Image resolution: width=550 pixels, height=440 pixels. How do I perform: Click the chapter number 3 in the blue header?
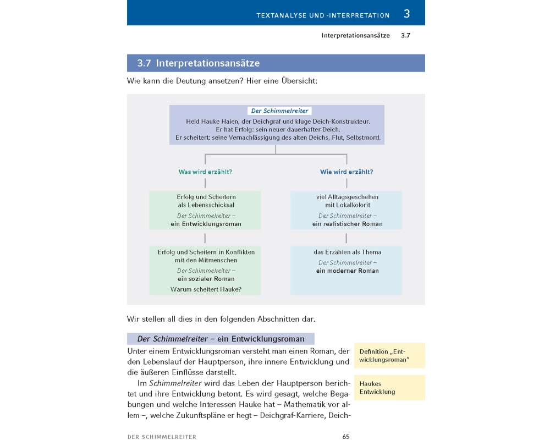coord(407,14)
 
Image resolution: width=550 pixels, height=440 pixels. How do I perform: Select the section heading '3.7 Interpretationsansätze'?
coord(199,63)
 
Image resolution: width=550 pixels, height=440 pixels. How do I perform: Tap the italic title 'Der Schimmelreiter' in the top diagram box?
coord(279,111)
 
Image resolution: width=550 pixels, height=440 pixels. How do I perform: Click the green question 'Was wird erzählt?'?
coord(205,172)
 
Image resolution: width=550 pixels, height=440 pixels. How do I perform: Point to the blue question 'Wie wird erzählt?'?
coord(346,172)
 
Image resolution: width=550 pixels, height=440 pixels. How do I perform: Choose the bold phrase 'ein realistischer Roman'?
coord(347,224)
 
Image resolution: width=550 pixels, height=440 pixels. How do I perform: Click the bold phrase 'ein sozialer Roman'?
coord(206,279)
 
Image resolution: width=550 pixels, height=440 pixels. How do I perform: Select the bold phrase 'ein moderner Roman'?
coord(347,271)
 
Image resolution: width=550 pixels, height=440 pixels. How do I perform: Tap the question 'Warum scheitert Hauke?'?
coord(206,289)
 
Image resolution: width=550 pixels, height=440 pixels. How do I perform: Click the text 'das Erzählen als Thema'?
coord(347,252)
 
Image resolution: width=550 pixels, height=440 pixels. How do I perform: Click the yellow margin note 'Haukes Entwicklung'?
coord(377,388)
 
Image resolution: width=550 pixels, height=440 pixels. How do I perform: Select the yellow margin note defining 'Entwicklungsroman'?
coord(384,356)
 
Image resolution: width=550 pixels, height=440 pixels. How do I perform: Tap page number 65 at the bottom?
coord(346,437)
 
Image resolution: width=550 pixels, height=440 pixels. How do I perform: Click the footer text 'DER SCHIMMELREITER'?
coord(162,437)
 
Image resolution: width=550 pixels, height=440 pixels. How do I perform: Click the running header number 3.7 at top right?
coord(406,35)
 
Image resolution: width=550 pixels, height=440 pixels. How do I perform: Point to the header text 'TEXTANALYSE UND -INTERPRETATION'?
coord(323,15)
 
